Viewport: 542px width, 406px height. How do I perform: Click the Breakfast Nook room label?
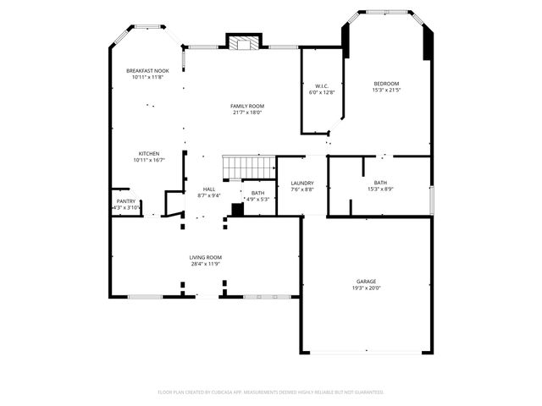tap(147, 70)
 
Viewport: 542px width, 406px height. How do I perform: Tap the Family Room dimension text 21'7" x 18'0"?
tap(247, 112)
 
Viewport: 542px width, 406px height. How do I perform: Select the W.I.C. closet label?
tap(322, 85)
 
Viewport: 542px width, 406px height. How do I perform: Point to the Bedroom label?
tap(387, 83)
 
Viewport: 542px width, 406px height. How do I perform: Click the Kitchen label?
tap(149, 153)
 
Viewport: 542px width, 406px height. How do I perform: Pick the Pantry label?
tap(125, 200)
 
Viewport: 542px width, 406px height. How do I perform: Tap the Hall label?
tap(209, 189)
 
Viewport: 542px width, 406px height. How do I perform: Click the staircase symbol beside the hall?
tap(249, 167)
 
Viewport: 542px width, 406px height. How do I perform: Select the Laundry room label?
tap(302, 183)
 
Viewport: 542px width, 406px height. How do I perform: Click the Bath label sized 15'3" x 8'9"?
tap(380, 183)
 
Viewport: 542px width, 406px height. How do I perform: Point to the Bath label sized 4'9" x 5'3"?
tap(257, 193)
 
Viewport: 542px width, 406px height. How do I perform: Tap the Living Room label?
tap(206, 257)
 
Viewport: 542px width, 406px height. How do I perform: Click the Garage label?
tap(366, 281)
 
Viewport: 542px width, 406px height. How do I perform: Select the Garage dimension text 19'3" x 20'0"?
tap(366, 288)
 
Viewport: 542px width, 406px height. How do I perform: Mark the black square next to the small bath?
tap(238, 209)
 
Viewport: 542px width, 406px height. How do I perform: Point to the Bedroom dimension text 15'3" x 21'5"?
tap(387, 90)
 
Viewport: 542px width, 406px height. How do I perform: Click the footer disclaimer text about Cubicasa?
tap(271, 392)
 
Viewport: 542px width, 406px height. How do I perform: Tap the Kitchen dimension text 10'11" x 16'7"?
tap(149, 160)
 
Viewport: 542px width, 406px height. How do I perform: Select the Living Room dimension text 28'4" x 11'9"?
tap(206, 264)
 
